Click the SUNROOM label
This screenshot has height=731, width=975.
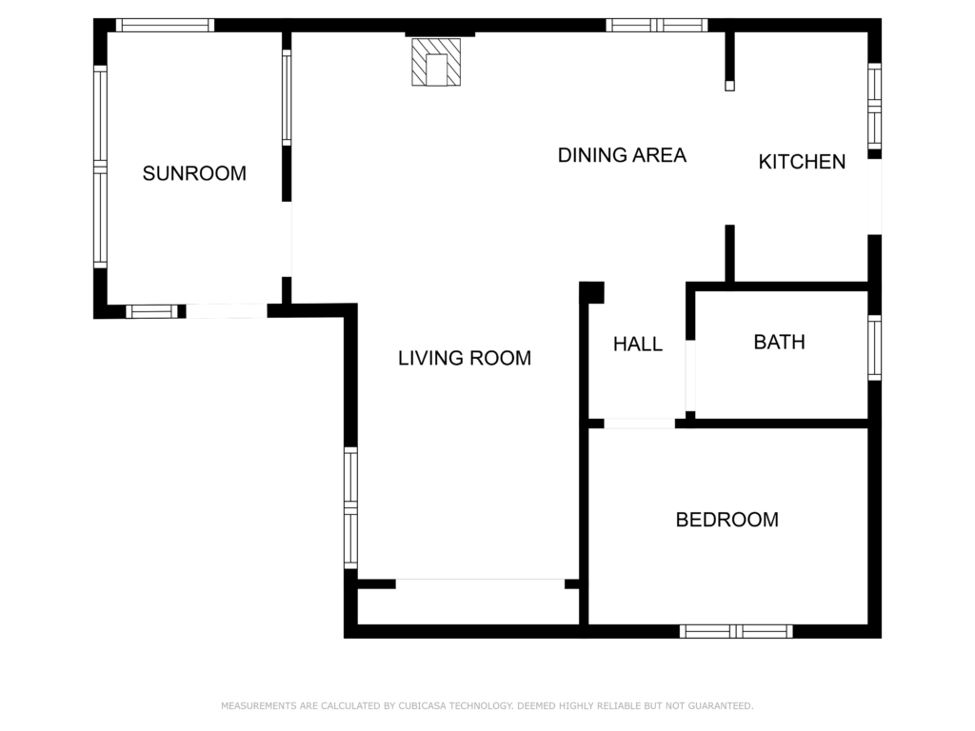pyautogui.click(x=194, y=173)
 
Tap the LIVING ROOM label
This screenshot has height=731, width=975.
pyautogui.click(x=465, y=358)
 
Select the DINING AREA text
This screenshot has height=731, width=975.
pyautogui.click(x=622, y=155)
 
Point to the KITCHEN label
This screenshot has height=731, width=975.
pyautogui.click(x=802, y=162)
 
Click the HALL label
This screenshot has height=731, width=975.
pyautogui.click(x=637, y=345)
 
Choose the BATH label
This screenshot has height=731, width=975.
pyautogui.click(x=779, y=343)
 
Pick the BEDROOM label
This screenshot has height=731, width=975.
pyautogui.click(x=726, y=520)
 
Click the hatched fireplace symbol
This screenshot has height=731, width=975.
pyautogui.click(x=436, y=62)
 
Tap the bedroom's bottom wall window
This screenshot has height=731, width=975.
pyautogui.click(x=736, y=632)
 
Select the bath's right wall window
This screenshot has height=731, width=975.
pyautogui.click(x=874, y=347)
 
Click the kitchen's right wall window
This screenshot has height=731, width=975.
pyautogui.click(x=874, y=107)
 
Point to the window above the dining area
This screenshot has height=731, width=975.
pyautogui.click(x=657, y=26)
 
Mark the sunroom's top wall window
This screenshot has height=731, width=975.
pyautogui.click(x=165, y=26)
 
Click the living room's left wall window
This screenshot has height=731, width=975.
pyautogui.click(x=350, y=508)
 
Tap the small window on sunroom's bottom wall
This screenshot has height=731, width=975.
pyautogui.click(x=151, y=311)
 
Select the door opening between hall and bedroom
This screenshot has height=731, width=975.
pyautogui.click(x=639, y=424)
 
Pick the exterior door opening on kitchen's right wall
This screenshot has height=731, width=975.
pyautogui.click(x=874, y=196)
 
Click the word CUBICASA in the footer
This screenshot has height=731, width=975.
pyautogui.click(x=422, y=706)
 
